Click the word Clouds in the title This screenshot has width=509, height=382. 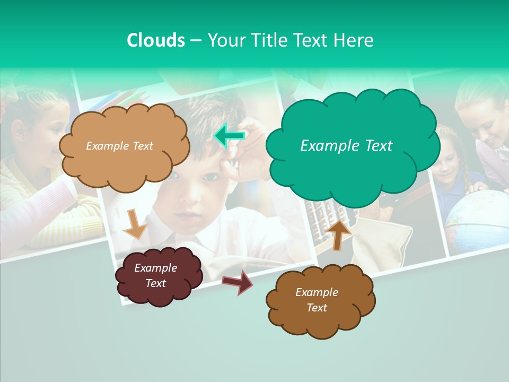tap(155, 40)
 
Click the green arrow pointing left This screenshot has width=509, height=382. tap(229, 136)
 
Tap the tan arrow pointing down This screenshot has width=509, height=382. tap(135, 223)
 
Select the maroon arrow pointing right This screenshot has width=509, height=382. tap(238, 282)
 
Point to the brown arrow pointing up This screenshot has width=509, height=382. tap(339, 235)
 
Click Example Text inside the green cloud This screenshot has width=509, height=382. tap(346, 145)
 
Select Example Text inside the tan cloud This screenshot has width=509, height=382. tap(119, 145)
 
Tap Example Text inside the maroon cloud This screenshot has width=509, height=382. tap(155, 275)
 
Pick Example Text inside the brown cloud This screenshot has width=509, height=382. tap(317, 300)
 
